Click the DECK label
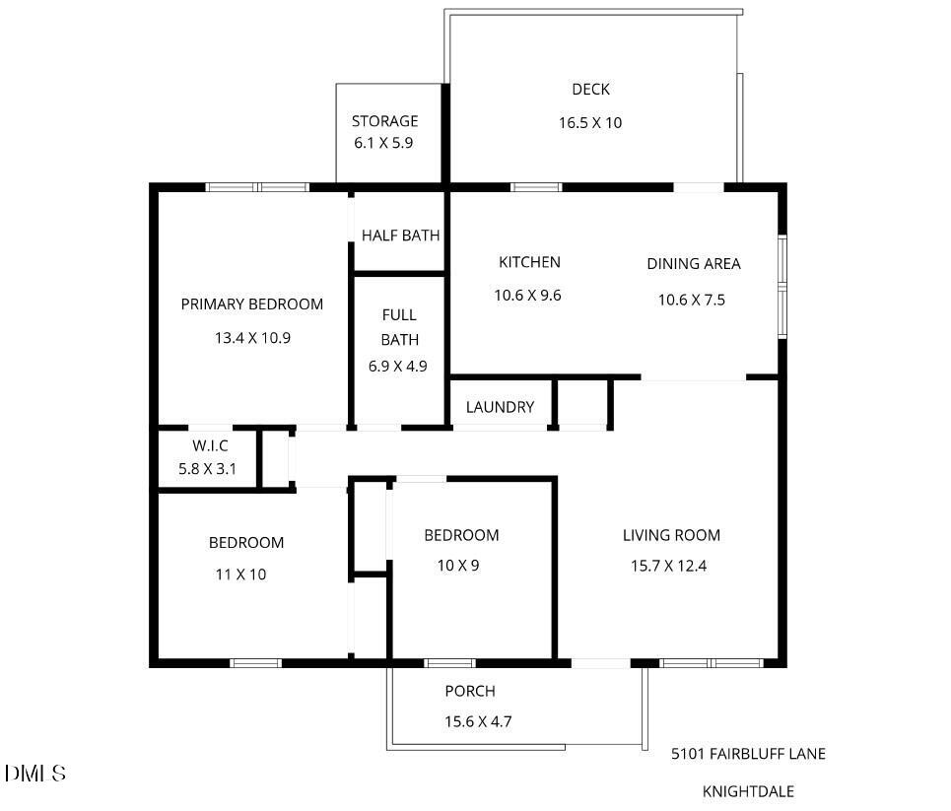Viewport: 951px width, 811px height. (x=590, y=90)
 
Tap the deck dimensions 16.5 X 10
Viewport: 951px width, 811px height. (x=590, y=123)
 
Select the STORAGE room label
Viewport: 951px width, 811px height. (x=384, y=121)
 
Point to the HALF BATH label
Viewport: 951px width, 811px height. (x=400, y=236)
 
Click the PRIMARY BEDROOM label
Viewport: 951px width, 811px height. (x=251, y=304)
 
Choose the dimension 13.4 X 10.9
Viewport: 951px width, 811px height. (x=252, y=337)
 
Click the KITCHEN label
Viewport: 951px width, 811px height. (x=529, y=262)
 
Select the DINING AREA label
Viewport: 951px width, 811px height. (x=693, y=264)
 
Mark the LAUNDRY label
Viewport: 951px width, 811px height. (x=500, y=407)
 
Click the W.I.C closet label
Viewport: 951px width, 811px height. (x=210, y=445)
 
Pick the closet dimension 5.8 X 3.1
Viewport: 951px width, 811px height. (x=207, y=469)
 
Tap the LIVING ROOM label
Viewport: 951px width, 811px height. (x=671, y=536)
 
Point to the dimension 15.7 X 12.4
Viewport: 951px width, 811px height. (x=669, y=566)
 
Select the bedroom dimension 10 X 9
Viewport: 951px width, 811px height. (x=457, y=566)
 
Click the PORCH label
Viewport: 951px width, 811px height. (x=470, y=692)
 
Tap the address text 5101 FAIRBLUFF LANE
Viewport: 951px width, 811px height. (x=748, y=754)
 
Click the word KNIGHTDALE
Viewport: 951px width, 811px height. (x=748, y=791)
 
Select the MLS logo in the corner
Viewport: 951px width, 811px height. (x=35, y=774)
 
